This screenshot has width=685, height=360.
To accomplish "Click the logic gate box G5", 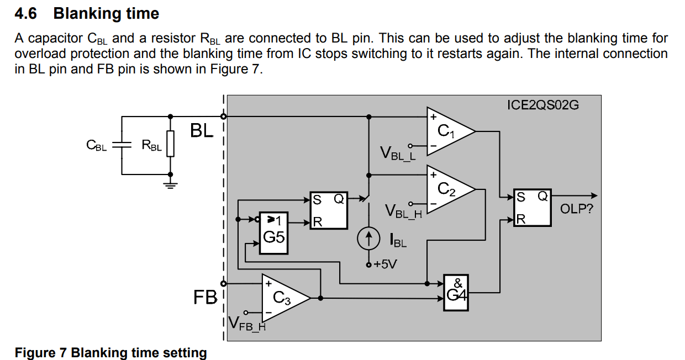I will (273, 232).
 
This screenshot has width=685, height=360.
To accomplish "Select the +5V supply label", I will (385, 264).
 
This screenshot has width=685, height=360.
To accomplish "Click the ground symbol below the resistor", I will (171, 184).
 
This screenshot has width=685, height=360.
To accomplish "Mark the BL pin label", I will (202, 131).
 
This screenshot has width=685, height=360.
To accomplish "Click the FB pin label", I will (205, 298).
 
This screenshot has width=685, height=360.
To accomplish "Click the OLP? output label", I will (576, 209).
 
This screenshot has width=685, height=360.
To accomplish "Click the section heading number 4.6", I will (25, 13).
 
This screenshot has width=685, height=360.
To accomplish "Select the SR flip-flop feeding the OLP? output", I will (532, 208).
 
